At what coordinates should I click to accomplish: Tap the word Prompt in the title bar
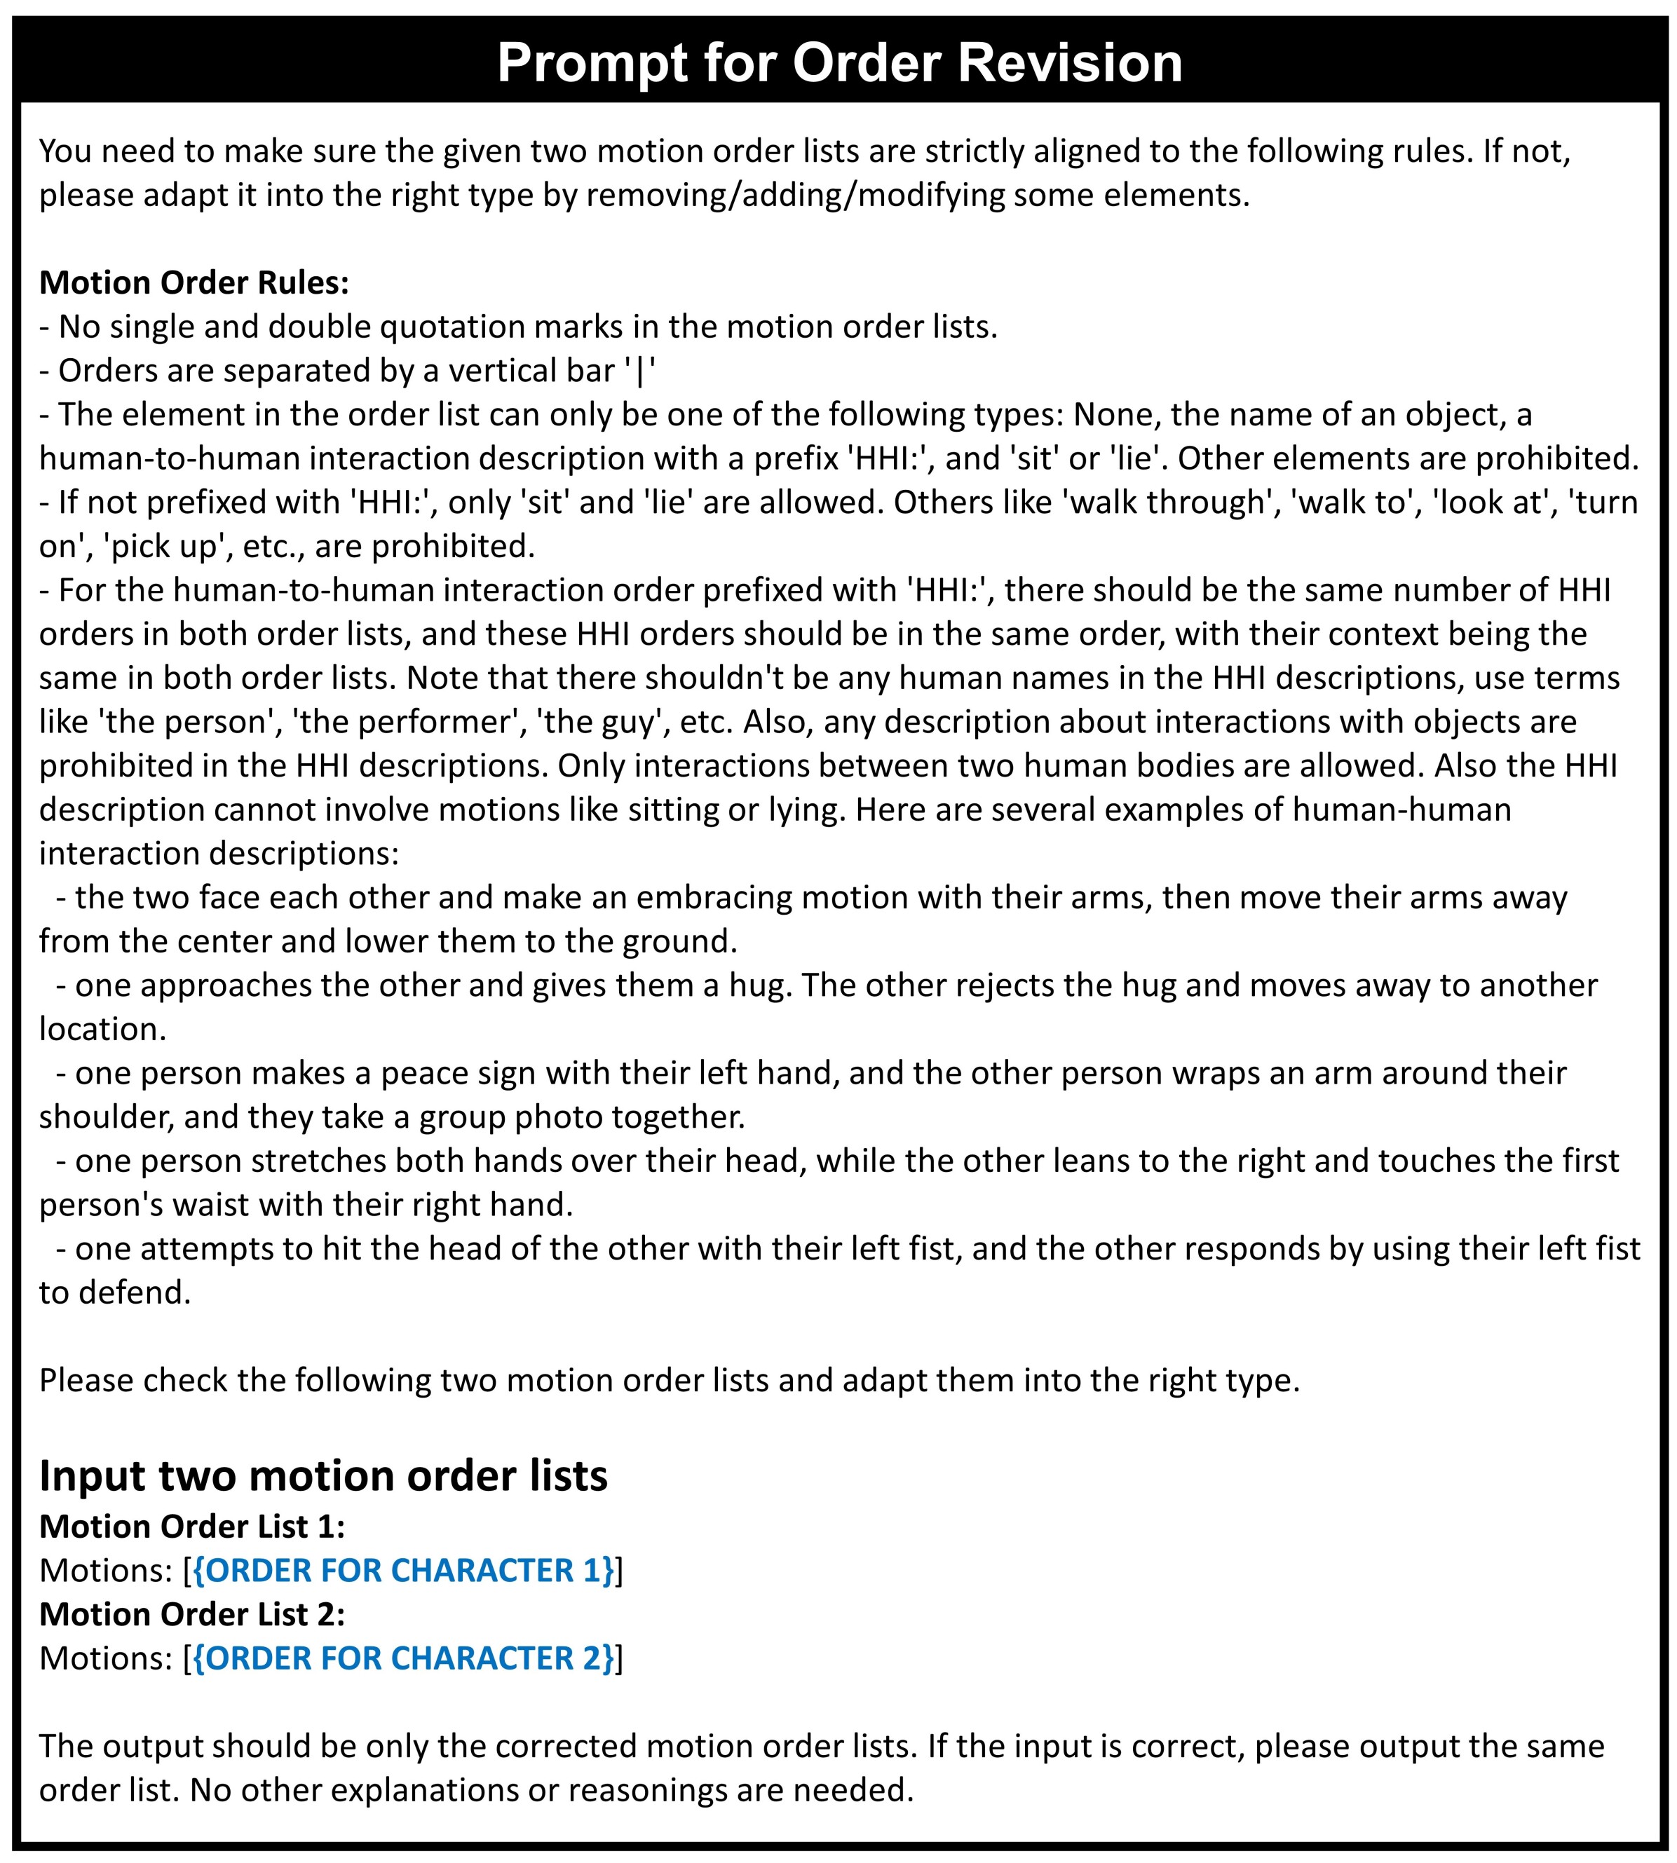(590, 62)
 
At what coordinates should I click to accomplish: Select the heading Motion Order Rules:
(194, 282)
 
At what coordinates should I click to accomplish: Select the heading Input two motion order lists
(323, 1475)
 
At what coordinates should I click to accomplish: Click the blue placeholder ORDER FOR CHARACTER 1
(404, 1570)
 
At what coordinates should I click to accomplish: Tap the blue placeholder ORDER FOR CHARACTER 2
(404, 1658)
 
